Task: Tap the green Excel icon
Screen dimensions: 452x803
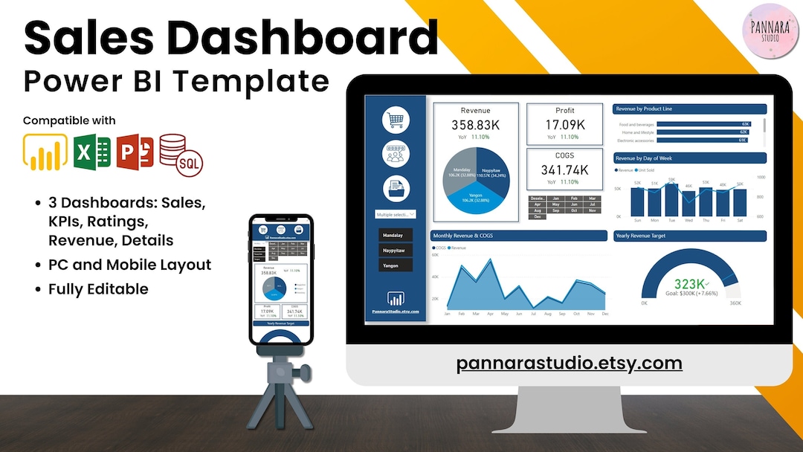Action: pyautogui.click(x=92, y=153)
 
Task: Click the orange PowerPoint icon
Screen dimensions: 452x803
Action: pyautogui.click(x=135, y=153)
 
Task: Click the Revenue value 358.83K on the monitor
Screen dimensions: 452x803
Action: pyautogui.click(x=476, y=125)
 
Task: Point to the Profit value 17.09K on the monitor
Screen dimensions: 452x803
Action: pyautogui.click(x=564, y=125)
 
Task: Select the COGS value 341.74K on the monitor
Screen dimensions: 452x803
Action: pyautogui.click(x=564, y=169)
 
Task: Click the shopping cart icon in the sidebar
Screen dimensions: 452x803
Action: pyautogui.click(x=396, y=120)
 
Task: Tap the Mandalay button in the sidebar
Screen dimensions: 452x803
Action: pyautogui.click(x=396, y=235)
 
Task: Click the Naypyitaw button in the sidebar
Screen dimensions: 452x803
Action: pyautogui.click(x=396, y=251)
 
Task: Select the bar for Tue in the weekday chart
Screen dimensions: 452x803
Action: pyautogui.click(x=671, y=199)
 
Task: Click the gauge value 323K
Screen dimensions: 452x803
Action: pyautogui.click(x=689, y=283)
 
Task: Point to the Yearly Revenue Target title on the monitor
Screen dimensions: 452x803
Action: pyautogui.click(x=641, y=236)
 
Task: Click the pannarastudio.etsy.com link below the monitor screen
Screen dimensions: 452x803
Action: pyautogui.click(x=569, y=363)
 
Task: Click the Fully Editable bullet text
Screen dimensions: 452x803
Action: pyautogui.click(x=98, y=288)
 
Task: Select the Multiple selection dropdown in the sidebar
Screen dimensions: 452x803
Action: pyautogui.click(x=396, y=214)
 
